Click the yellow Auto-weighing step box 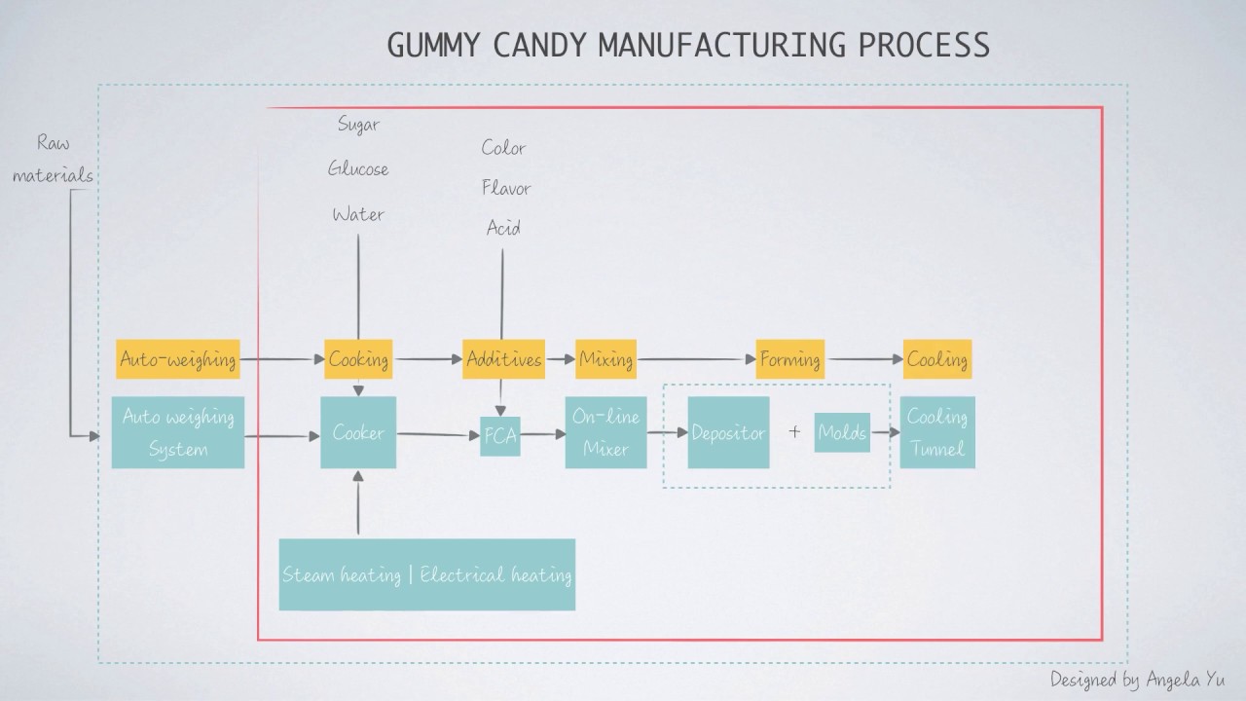177,359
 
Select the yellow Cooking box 358,359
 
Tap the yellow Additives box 502,359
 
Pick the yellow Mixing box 605,359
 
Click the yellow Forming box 789,359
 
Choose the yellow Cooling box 936,359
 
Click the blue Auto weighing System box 177,432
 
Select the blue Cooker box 358,432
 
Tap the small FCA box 500,437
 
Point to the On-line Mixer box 605,432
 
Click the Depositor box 728,432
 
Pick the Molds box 842,432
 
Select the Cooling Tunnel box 936,432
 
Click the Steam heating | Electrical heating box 426,574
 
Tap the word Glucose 358,169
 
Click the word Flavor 506,188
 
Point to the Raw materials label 65,159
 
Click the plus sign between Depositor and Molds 794,432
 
